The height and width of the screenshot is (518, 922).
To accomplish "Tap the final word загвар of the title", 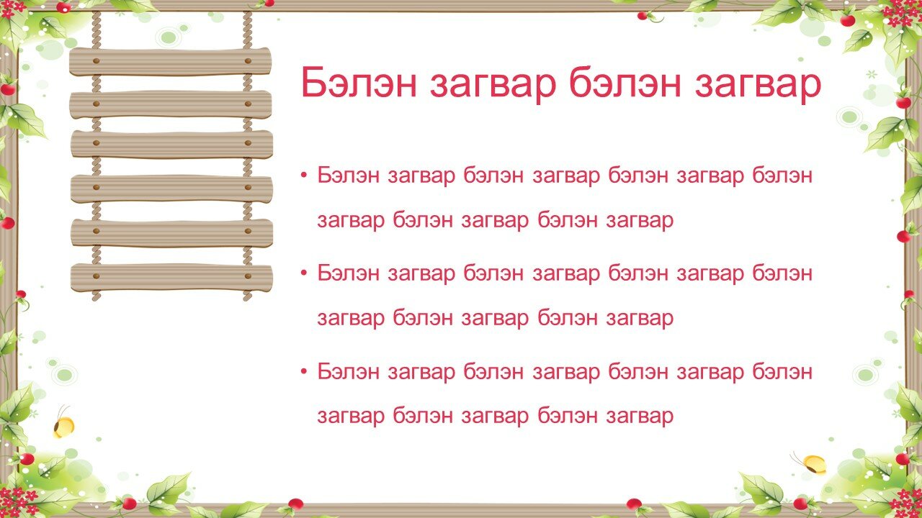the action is [758, 86].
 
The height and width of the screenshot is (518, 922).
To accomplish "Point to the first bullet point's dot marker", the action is [304, 176].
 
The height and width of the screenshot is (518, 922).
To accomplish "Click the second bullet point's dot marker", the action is [304, 273].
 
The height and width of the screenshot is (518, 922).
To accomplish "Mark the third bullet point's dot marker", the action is [304, 372].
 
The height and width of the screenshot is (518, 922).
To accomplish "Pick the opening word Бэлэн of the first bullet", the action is [348, 175].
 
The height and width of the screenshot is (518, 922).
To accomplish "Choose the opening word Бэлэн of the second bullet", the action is [348, 273].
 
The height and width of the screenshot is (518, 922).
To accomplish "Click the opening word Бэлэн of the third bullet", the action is [348, 371].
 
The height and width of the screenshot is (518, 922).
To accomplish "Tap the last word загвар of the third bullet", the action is [640, 417].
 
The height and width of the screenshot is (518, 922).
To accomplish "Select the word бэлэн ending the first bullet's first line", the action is [782, 175].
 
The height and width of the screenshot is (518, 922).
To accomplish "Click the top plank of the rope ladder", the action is [171, 61].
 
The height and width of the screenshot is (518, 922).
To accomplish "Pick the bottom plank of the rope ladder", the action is [171, 278].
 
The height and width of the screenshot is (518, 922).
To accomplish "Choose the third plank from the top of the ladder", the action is [171, 144].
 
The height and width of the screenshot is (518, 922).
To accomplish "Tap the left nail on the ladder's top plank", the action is [97, 61].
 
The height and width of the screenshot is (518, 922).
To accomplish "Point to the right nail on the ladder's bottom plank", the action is [248, 276].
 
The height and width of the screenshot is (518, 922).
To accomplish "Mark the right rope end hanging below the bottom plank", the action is [247, 296].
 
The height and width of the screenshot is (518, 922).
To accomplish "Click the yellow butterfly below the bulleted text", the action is [811, 464].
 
